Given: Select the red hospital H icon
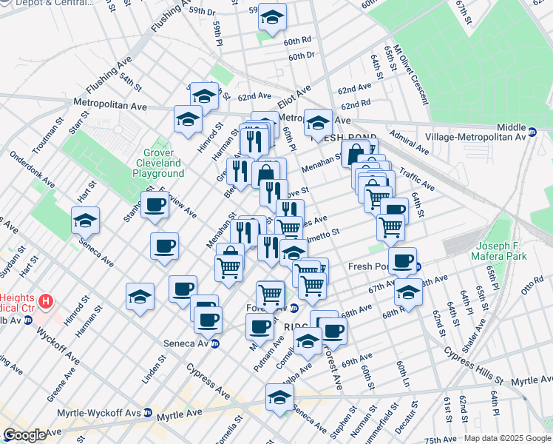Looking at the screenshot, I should pos(47,301).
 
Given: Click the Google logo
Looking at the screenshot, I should pos(25,435).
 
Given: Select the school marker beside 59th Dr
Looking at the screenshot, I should pos(272,18).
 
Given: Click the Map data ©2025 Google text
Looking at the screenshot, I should pos(506,438).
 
